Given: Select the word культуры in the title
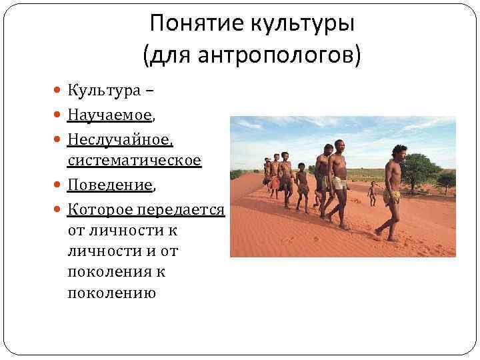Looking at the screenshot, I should click(302, 25).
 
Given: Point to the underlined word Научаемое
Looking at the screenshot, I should click(109, 115).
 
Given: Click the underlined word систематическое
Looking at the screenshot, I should click(134, 161).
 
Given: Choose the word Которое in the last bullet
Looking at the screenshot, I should click(100, 209).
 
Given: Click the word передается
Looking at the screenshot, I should click(180, 209).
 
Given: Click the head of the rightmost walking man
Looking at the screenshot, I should click(399, 151).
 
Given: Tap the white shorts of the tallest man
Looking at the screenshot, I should click(339, 183).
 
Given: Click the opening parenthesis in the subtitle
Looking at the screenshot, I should click(146, 55).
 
